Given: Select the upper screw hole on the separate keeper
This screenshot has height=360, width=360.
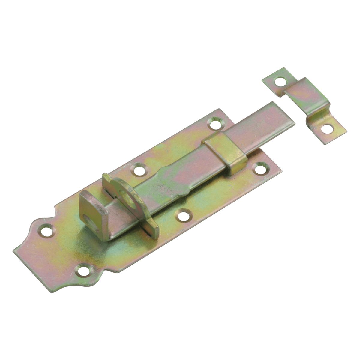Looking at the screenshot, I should tap(280, 81).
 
